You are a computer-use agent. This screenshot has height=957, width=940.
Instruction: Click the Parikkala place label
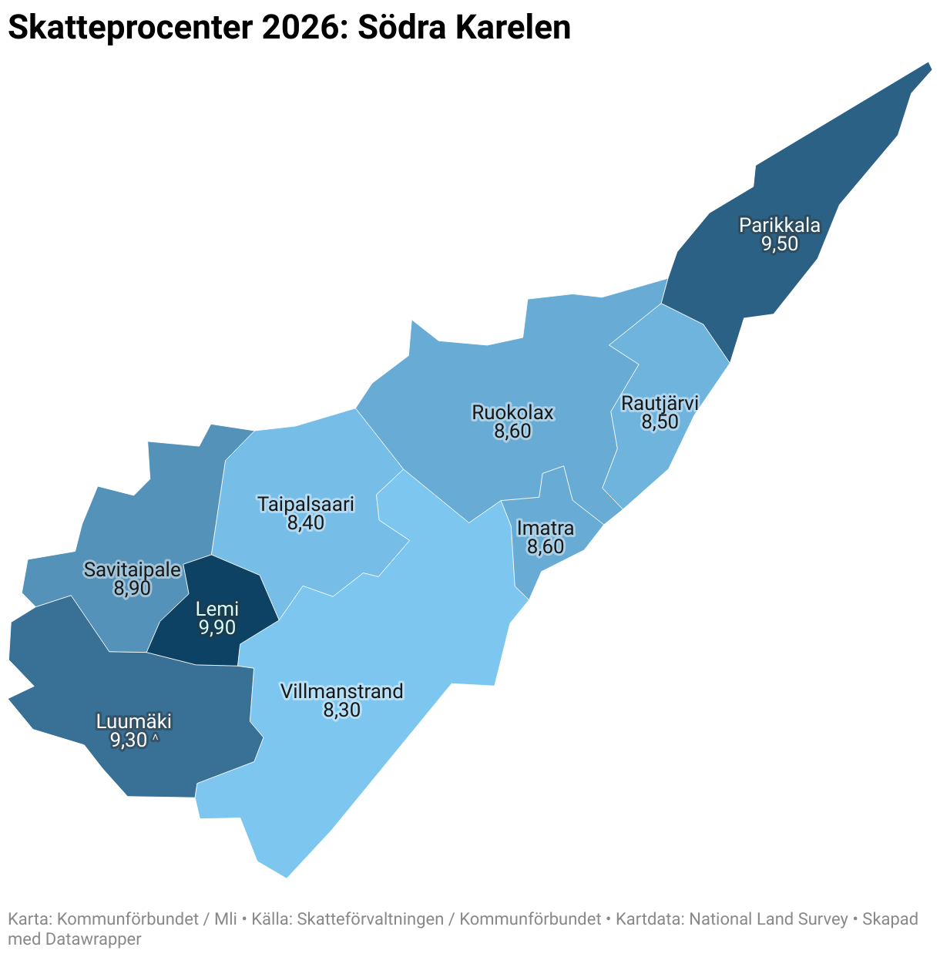(x=779, y=226)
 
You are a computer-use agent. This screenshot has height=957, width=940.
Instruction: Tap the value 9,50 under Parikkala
(x=779, y=244)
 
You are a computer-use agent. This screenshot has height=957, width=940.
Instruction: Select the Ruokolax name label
(x=512, y=412)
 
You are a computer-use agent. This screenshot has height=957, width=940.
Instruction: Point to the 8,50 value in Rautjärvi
(x=660, y=421)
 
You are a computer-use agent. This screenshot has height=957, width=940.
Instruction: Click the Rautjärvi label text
(x=660, y=403)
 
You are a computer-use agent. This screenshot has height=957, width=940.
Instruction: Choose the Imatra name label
(x=545, y=529)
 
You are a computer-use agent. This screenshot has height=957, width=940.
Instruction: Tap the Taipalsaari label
(x=306, y=505)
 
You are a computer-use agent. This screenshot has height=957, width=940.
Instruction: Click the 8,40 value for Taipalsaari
(x=306, y=523)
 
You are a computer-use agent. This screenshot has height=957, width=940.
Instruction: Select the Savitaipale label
(x=133, y=570)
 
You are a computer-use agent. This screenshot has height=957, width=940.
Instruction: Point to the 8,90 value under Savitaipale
(x=132, y=589)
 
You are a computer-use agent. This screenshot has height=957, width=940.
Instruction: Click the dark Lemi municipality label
(x=217, y=609)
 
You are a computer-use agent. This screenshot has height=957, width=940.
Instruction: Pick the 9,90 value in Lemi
(x=217, y=628)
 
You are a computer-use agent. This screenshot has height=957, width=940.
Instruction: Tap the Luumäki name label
(x=133, y=722)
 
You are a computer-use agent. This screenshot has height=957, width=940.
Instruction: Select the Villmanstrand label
(x=341, y=691)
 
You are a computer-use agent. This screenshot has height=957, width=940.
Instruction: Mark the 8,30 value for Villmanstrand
(x=341, y=710)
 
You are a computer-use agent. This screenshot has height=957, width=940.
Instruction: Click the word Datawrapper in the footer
(x=93, y=939)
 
